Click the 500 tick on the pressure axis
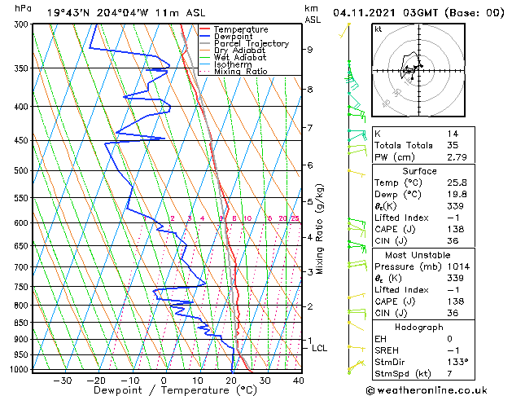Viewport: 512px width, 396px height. pyautogui.click(x=22, y=171)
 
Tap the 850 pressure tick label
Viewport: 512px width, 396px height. pyautogui.click(x=22, y=323)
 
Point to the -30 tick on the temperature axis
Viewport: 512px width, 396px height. pyautogui.click(x=63, y=381)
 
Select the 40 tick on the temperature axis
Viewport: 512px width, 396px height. pyautogui.click(x=298, y=381)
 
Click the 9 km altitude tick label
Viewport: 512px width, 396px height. pyautogui.click(x=309, y=50)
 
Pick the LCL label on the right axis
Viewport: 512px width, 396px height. pyautogui.click(x=320, y=349)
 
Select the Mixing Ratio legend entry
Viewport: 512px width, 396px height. pyautogui.click(x=240, y=72)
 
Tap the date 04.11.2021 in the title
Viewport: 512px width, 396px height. pyautogui.click(x=366, y=13)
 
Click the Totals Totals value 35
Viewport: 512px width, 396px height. pyautogui.click(x=453, y=145)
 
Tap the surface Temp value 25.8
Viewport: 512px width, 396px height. pyautogui.click(x=458, y=183)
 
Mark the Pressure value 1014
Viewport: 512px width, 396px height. pyautogui.click(x=458, y=266)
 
